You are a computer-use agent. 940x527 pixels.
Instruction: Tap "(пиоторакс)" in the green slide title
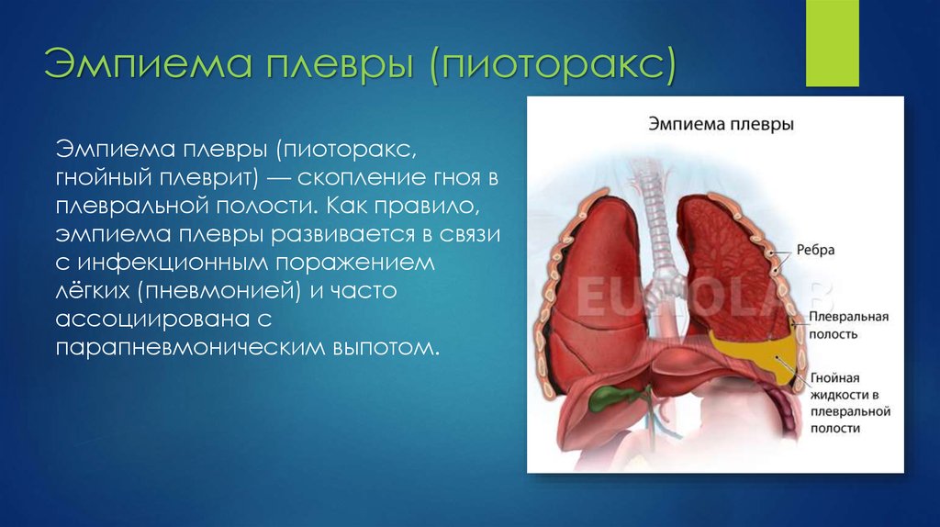(x=553, y=64)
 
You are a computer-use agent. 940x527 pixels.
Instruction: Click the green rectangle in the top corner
(x=832, y=43)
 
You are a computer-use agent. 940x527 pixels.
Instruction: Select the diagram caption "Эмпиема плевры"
(x=722, y=124)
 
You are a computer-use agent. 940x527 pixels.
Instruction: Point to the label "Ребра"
(x=815, y=250)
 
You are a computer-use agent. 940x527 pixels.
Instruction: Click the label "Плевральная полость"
(x=848, y=325)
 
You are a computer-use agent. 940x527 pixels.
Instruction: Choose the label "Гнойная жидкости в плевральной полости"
(x=850, y=403)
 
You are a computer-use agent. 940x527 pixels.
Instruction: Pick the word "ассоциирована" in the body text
(x=152, y=319)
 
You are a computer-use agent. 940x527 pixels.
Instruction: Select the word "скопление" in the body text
(x=362, y=178)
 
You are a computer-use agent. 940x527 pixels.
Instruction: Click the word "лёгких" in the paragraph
(x=93, y=291)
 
